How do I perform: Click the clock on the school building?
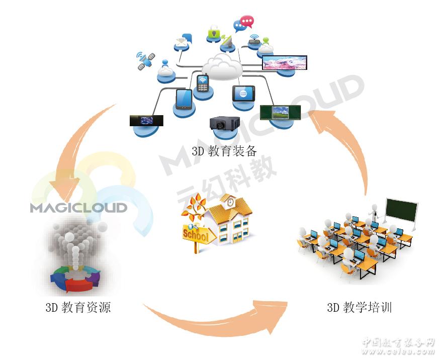[230, 203]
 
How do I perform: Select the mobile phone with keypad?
[203, 83]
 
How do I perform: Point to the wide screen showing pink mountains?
[285, 63]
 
